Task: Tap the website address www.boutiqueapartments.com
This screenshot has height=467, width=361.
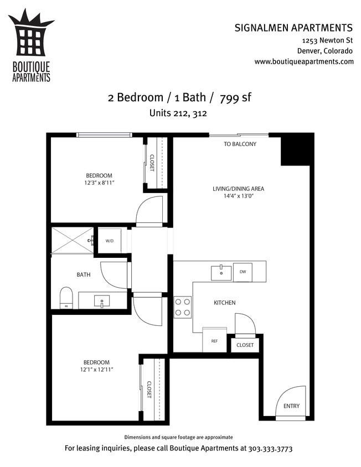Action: pos(304,61)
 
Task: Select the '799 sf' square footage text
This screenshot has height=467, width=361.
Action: pos(235,98)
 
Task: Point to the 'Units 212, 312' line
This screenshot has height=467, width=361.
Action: pos(178,113)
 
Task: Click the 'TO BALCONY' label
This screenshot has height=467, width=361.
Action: pos(240,144)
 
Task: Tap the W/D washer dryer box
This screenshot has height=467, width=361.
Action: pos(109,241)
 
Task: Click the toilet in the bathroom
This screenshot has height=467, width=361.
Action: pos(66,297)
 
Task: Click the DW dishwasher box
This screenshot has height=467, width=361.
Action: pos(243,272)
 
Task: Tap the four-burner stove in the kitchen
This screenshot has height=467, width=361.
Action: pos(183,307)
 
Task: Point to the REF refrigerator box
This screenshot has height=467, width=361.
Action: pos(214,341)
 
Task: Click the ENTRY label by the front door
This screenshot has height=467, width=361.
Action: pos(291,406)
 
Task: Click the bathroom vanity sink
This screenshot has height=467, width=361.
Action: pos(102,301)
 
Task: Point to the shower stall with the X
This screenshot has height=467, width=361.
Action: pos(73,240)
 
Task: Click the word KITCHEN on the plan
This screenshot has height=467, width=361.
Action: pos(225,303)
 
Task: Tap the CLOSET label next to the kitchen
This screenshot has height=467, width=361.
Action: pos(245,345)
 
